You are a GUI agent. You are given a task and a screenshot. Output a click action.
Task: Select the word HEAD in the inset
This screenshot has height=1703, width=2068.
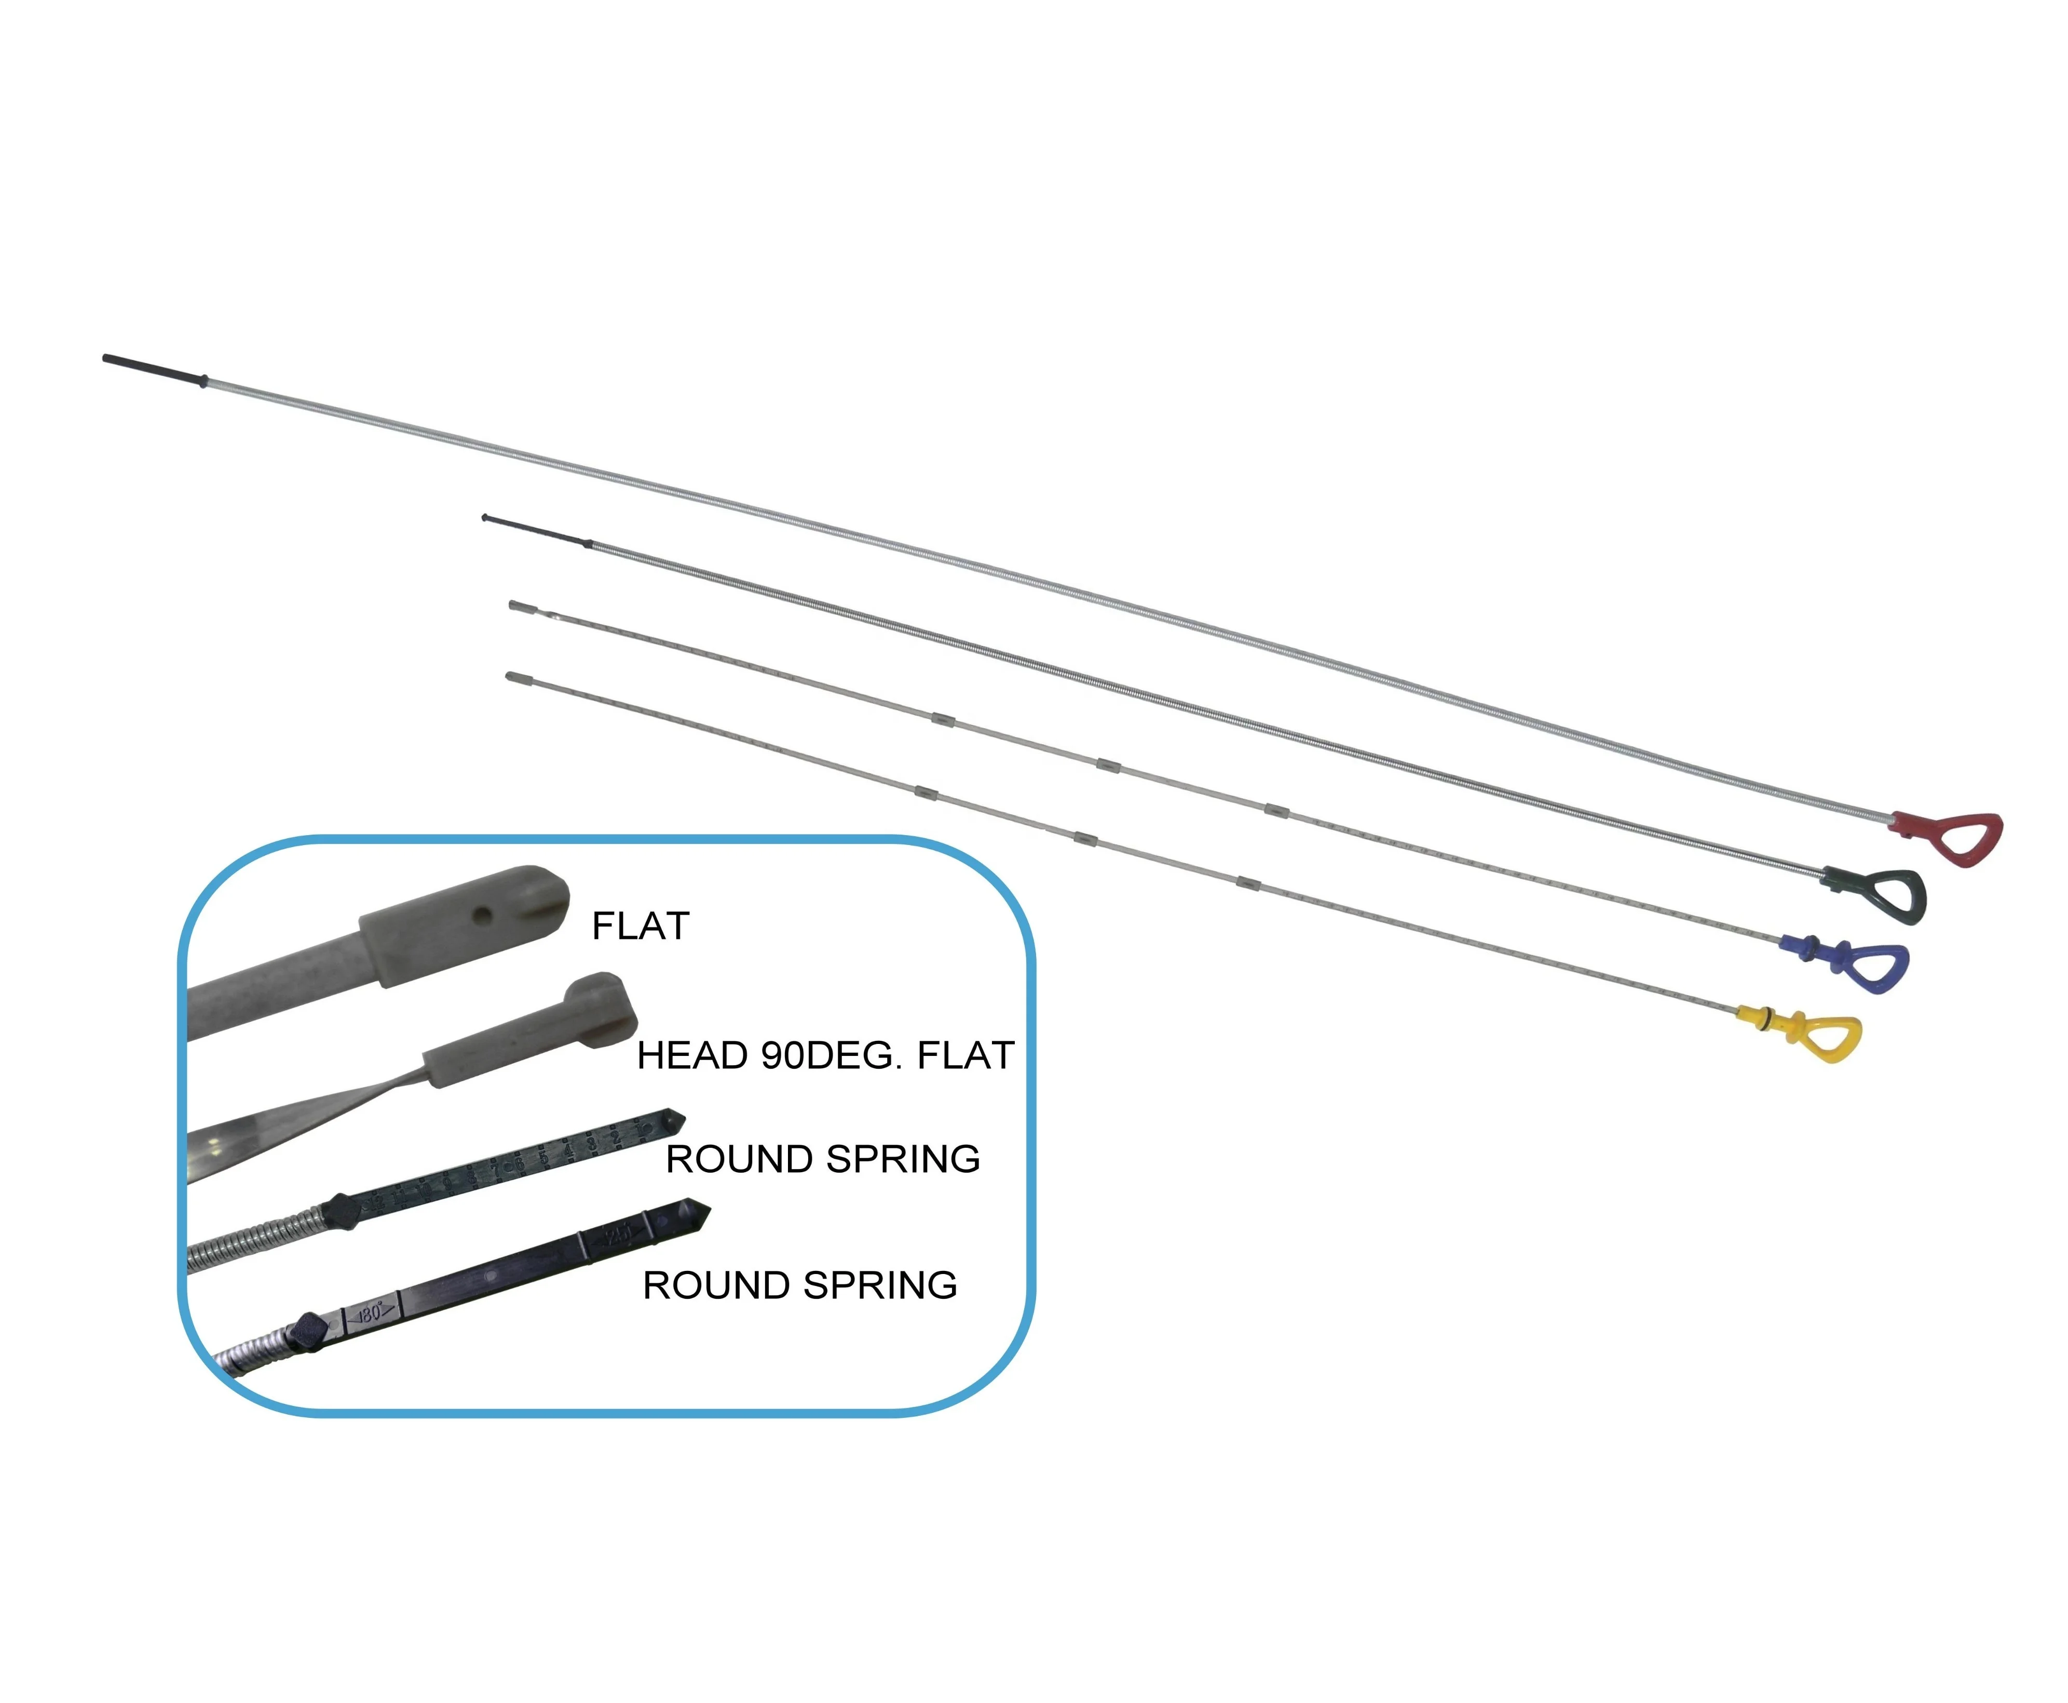692,1055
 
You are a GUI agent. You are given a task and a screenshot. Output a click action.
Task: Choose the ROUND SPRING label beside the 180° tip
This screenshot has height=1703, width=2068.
799,1285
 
